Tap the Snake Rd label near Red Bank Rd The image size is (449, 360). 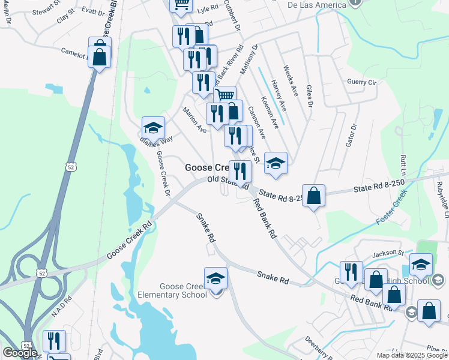click(273, 278)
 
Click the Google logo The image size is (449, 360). click(20, 353)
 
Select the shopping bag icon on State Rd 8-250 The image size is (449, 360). click(313, 196)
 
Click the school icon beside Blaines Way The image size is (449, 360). click(153, 128)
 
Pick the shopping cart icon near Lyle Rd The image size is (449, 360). click(181, 5)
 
